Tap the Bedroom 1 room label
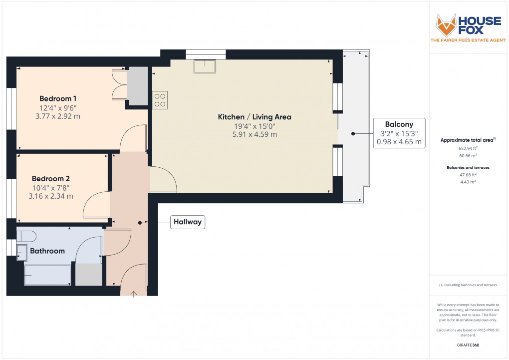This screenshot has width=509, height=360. (58, 98)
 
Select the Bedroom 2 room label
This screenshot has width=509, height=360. (50, 178)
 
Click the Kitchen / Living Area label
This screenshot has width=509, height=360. (254, 117)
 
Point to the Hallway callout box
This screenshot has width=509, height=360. (188, 222)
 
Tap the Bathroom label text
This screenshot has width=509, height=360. (47, 251)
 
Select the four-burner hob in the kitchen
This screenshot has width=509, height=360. (160, 100)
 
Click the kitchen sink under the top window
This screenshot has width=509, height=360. (205, 66)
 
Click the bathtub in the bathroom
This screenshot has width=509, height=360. (47, 275)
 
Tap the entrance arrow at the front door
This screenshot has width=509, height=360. (134, 294)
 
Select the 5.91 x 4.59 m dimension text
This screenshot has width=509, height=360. (254, 134)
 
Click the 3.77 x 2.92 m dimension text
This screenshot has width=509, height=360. (58, 116)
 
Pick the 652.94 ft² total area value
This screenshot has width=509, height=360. (468, 148)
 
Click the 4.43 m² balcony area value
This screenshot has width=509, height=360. (468, 182)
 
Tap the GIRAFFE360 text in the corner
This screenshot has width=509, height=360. (468, 345)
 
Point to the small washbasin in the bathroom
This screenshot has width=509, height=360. (22, 252)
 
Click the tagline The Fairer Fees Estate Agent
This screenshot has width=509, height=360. (468, 40)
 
